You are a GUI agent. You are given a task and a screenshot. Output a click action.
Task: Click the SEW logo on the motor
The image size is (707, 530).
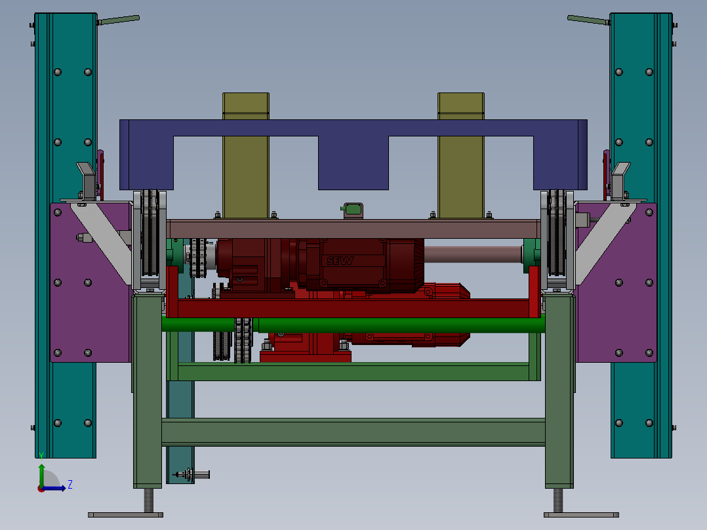(x=340, y=260)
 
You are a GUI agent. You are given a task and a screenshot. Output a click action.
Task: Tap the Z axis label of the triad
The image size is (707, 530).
(x=70, y=485)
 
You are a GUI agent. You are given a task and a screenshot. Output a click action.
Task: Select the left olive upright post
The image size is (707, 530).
(x=246, y=155)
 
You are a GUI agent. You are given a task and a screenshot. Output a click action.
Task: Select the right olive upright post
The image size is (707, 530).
(x=461, y=155)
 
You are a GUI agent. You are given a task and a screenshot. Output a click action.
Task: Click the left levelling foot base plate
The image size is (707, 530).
(x=125, y=515)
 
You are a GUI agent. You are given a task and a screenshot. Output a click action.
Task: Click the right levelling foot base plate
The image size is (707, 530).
(x=581, y=515)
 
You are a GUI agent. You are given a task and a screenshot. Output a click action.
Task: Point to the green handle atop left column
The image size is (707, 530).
(x=118, y=20)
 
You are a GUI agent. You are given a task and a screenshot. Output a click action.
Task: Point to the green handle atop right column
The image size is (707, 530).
(x=589, y=20)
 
